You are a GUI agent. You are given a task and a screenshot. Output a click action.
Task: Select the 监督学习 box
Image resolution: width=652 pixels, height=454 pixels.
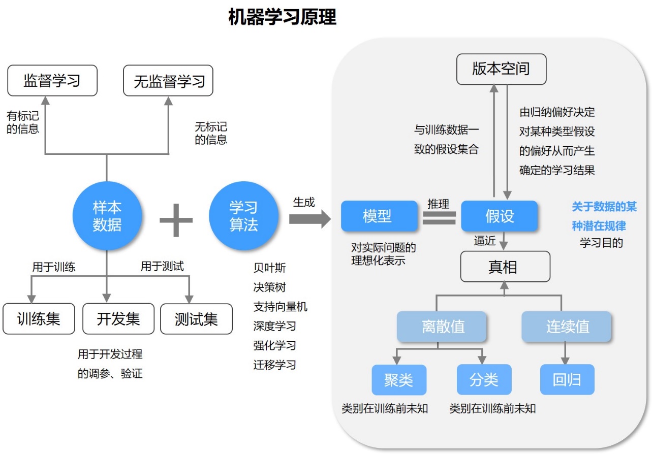coord(52,81)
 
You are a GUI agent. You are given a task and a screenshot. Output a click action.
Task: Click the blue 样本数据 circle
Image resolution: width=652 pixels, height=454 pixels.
coord(107,216)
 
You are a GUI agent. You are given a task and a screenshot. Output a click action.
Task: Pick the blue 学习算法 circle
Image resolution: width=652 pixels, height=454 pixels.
coord(243,216)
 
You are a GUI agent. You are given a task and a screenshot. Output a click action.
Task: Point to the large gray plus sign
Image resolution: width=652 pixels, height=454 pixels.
coord(176,220)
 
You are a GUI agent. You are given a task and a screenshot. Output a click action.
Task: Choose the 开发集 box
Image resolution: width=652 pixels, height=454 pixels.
coord(118,319)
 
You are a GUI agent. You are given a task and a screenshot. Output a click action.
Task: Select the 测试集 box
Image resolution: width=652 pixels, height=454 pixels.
coord(196,319)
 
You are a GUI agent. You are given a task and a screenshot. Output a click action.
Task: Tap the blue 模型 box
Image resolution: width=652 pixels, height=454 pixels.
coord(377,216)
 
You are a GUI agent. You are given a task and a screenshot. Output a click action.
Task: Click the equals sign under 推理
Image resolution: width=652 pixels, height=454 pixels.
coord(439,217)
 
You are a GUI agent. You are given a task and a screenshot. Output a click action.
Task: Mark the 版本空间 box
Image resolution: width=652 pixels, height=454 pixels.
coord(501,69)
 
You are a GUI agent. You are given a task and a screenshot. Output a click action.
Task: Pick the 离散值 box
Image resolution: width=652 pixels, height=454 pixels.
coord(443,327)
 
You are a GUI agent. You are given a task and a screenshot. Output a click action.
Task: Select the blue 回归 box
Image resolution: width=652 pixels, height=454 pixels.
coord(567,380)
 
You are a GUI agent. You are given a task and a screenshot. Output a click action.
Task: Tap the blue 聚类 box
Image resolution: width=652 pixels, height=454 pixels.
coord(399,380)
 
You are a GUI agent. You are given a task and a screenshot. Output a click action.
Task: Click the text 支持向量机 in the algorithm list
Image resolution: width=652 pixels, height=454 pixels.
coord(280,307)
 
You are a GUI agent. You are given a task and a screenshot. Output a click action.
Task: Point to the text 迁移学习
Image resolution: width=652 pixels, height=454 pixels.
coord(274,365)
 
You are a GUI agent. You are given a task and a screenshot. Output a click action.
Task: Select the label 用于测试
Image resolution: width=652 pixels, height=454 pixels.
coord(162,266)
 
